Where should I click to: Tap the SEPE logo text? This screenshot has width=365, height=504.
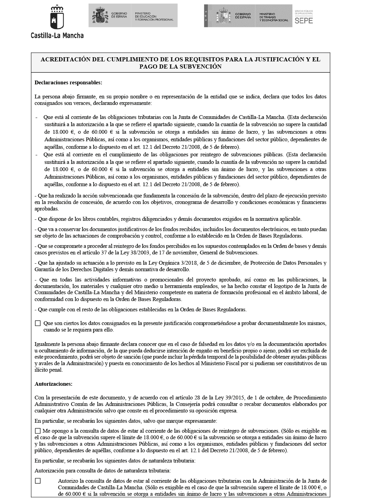click(304, 20)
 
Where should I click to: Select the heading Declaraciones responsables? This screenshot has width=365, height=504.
click(68, 83)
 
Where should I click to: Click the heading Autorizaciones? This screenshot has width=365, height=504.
click(53, 384)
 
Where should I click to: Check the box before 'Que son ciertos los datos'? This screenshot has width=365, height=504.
click(38, 323)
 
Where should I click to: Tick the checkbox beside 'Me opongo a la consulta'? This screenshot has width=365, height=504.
click(38, 431)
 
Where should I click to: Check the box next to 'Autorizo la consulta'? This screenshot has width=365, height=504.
click(38, 481)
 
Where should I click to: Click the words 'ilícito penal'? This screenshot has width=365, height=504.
click(49, 370)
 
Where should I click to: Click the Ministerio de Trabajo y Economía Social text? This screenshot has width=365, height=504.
click(273, 19)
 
